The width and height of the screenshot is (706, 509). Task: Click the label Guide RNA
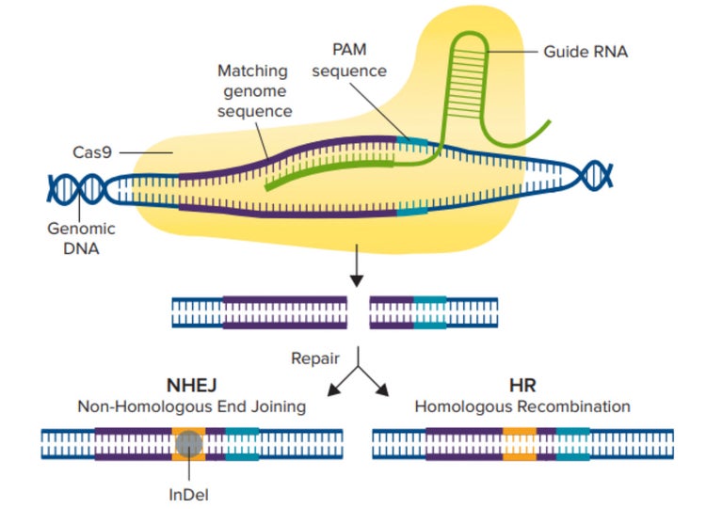585,51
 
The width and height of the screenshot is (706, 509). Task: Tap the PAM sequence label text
359,60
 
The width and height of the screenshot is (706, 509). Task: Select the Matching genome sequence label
254,90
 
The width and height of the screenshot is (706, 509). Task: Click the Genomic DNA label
82,236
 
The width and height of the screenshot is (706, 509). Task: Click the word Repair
315,358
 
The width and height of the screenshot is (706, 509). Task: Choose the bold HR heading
521,387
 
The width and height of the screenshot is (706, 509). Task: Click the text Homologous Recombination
521,406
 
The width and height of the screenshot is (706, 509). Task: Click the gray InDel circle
189,443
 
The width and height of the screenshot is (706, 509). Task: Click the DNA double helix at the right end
595,175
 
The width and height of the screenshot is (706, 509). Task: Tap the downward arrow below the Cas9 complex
356,274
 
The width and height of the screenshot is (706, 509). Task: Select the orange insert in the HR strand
520,443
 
